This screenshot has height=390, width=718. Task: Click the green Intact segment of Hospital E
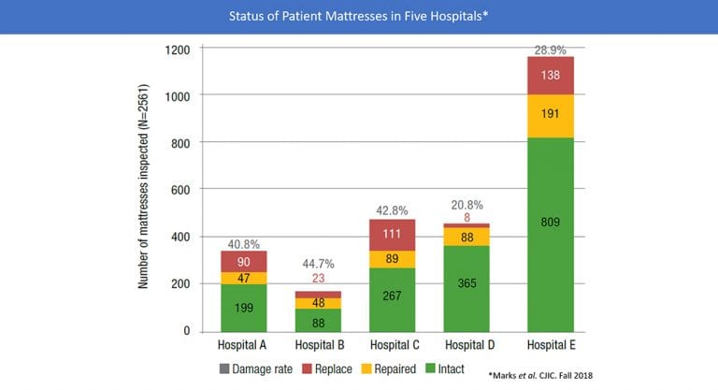point(550,234)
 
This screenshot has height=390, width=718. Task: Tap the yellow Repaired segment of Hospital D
point(466,237)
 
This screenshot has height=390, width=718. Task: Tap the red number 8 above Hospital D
point(466,217)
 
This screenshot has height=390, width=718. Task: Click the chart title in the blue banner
point(358,16)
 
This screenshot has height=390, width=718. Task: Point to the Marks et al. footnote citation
point(566,374)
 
